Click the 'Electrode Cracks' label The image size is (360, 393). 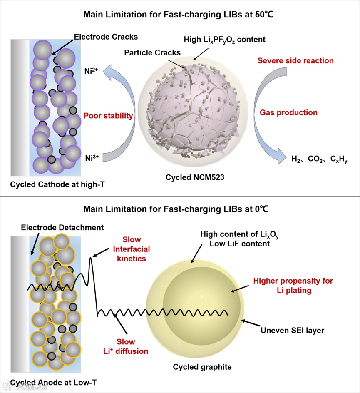(x=106, y=37)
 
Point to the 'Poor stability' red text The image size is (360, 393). (x=108, y=116)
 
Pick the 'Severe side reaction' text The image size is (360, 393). (x=295, y=61)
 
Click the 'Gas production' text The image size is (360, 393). (x=288, y=112)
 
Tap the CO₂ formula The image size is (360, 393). (x=317, y=158)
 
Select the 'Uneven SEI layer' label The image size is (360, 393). (x=292, y=331)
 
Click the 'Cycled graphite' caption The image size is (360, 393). (x=202, y=367)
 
